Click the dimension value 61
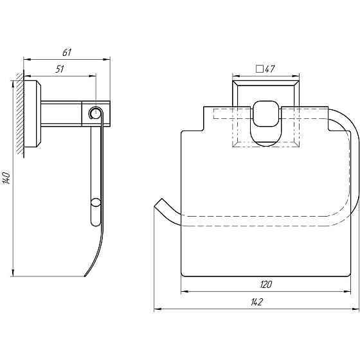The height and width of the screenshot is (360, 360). coord(67,53)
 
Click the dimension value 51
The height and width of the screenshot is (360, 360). coord(60,69)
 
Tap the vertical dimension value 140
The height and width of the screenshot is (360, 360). coord(6,177)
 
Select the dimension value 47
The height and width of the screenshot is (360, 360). coord(270,69)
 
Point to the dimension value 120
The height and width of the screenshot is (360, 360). coord(266,285)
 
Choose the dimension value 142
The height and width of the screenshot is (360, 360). coord(256,302)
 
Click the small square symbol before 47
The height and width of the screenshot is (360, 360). coord(260,69)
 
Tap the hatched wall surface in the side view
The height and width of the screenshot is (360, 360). coord(20,115)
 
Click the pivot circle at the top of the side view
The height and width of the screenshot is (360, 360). coord(95,113)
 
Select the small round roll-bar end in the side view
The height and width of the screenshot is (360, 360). coord(95,203)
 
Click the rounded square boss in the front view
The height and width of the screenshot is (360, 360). coord(266,114)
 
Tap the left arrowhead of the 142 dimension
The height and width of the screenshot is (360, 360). coord(157,309)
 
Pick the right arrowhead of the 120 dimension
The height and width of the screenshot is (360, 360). coord(347,292)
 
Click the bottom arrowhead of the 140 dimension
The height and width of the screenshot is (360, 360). coord(13,273)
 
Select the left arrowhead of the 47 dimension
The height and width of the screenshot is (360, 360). coord(236,76)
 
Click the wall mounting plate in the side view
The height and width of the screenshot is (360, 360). coord(32,114)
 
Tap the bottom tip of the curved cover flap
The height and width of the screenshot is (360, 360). coord(85,276)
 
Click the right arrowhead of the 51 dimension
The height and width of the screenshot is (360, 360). coord(93,76)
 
